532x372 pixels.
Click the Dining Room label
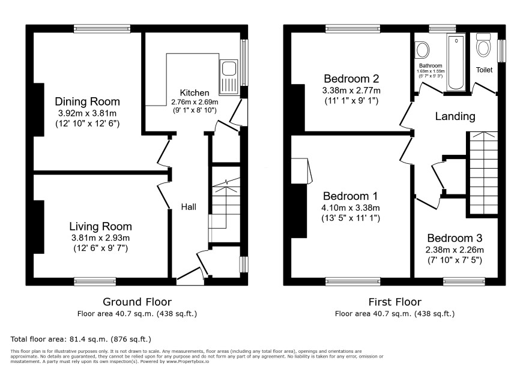tap(87, 101)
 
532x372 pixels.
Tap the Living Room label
tap(100, 226)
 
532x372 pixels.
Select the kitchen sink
tap(229, 77)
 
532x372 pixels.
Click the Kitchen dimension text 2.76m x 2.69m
tap(195, 102)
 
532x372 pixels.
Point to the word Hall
tap(189, 207)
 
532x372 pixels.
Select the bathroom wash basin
tap(422, 50)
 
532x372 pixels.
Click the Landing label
tap(455, 116)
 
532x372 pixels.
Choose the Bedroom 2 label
tap(351, 79)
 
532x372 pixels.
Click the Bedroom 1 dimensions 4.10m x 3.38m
tap(351, 208)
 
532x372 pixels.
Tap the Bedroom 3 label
tap(455, 238)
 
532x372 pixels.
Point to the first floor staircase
tap(483, 173)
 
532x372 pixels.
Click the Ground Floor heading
tap(137, 301)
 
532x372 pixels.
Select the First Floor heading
tap(395, 301)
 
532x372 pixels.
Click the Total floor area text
tap(80, 339)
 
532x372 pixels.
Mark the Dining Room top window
tap(102, 28)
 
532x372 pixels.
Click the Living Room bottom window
tap(95, 281)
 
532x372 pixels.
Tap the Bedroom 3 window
tap(464, 281)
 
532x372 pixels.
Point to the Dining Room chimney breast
tap(38, 110)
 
